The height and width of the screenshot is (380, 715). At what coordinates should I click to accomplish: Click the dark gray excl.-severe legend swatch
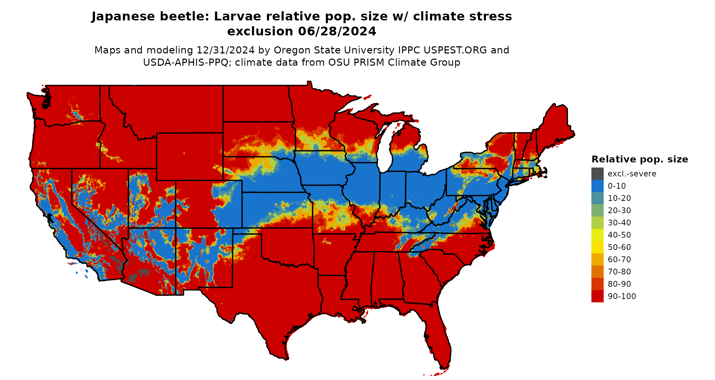click(x=597, y=174)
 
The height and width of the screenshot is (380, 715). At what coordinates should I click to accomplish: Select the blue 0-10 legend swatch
click(x=597, y=186)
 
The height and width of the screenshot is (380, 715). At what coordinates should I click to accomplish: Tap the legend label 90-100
click(x=622, y=296)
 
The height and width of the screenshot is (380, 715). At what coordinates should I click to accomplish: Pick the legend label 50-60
click(x=619, y=247)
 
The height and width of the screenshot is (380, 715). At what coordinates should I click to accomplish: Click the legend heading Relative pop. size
click(x=640, y=159)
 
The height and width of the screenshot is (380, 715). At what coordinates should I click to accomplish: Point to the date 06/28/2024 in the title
click(x=337, y=31)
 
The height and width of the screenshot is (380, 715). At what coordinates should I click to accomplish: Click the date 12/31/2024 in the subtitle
click(x=225, y=50)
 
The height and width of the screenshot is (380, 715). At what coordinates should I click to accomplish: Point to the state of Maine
click(x=553, y=126)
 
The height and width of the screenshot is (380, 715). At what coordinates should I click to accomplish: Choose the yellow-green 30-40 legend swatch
click(x=597, y=223)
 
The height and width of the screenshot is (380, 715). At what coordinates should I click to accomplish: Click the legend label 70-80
click(x=619, y=272)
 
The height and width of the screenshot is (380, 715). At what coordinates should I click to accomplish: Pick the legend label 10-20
click(x=619, y=198)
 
